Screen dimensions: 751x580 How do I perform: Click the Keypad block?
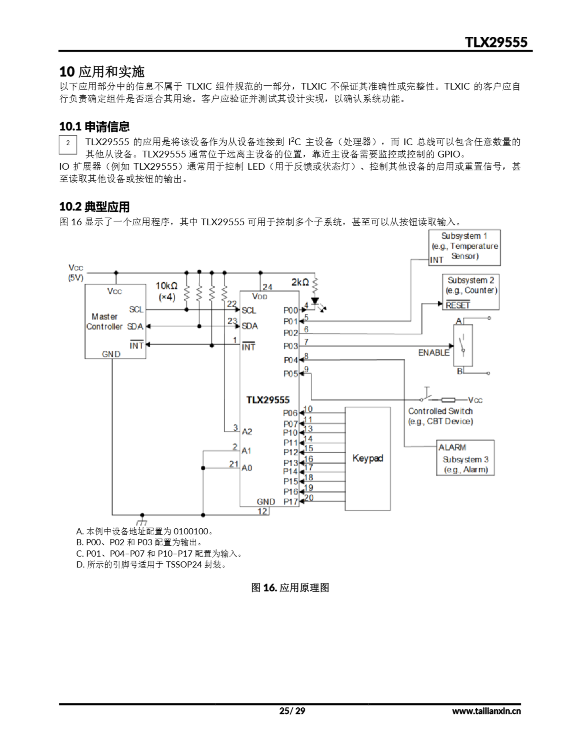[x=367, y=458]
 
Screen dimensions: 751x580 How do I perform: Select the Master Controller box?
[x=115, y=321]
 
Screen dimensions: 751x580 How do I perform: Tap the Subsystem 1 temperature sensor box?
[x=464, y=248]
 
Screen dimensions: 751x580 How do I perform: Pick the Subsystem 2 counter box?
[x=470, y=292]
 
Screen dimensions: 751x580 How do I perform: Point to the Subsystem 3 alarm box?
[x=465, y=458]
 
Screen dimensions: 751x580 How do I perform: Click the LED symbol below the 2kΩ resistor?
[x=315, y=302]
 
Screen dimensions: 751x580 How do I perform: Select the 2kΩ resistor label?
[x=300, y=282]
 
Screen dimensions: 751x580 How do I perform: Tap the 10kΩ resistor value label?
[x=166, y=286]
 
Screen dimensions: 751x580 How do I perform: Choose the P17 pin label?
[x=291, y=502]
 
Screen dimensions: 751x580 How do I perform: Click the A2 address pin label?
[x=247, y=432]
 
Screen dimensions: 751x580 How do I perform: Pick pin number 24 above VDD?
[x=267, y=287]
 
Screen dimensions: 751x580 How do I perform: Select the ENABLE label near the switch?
[x=434, y=353]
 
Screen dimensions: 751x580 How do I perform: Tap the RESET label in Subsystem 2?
[x=458, y=305]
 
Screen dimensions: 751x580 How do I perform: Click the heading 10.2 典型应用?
[x=94, y=207]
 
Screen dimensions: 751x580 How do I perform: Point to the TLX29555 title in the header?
[x=496, y=42]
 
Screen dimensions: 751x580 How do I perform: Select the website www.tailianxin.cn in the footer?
[x=486, y=711]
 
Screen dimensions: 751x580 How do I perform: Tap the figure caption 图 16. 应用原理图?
[x=290, y=588]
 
